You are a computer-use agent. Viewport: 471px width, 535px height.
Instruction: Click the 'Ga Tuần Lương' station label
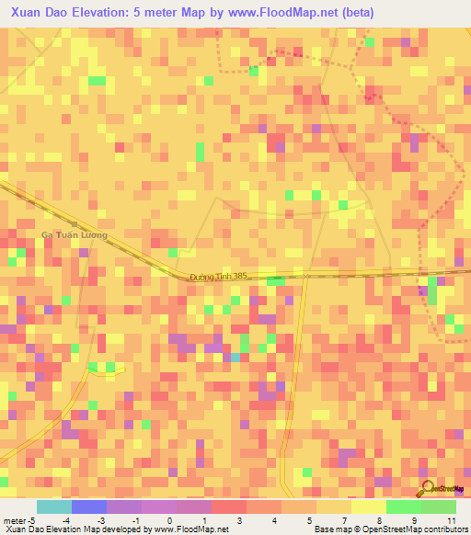[74, 235]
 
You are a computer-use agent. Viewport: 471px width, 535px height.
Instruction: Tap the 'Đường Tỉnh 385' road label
[219, 277]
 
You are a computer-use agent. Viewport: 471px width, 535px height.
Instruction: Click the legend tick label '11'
[452, 520]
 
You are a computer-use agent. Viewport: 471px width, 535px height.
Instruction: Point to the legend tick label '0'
[170, 520]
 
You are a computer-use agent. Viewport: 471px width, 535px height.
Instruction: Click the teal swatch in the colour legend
[53, 507]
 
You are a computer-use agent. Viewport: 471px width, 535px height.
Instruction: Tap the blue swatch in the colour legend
[88, 507]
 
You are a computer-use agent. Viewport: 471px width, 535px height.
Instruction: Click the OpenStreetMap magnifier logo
[428, 489]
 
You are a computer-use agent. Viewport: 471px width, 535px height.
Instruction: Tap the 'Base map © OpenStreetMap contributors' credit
[390, 529]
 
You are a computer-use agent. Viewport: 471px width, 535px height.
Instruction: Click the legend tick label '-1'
[135, 520]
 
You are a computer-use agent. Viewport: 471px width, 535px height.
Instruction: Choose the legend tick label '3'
[240, 520]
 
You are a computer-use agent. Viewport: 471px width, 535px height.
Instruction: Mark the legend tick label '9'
[415, 520]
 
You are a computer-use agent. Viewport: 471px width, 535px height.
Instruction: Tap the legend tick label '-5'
[31, 520]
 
